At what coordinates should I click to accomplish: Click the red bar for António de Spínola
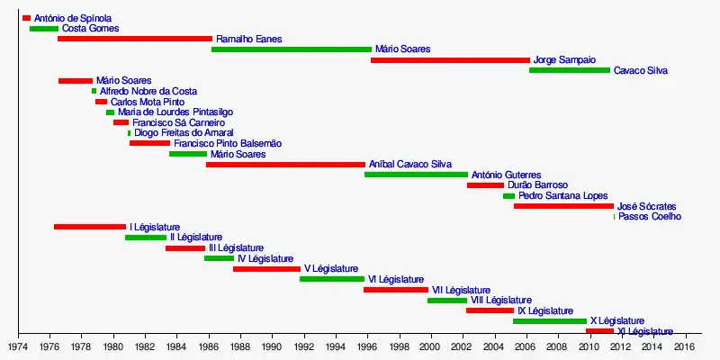(x=26, y=18)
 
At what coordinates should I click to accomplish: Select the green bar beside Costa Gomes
(x=43, y=29)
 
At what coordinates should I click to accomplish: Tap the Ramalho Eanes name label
(x=244, y=40)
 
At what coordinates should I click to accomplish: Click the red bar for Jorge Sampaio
(x=450, y=60)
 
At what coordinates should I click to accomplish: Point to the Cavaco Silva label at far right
(x=640, y=71)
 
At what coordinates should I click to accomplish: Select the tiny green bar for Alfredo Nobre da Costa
(x=94, y=91)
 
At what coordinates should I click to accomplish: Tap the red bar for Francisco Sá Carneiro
(x=121, y=122)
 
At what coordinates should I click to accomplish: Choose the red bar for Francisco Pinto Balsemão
(x=149, y=143)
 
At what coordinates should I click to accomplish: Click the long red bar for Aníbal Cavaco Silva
(x=285, y=165)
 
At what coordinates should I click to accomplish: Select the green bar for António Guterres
(x=416, y=175)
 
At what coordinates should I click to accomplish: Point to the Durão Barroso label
(x=537, y=185)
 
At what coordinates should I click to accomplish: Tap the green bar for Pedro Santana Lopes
(x=508, y=195)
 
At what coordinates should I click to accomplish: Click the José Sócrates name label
(x=647, y=206)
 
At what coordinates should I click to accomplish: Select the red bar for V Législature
(x=266, y=268)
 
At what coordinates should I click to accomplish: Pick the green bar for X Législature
(x=549, y=320)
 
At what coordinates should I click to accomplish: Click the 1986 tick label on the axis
(x=208, y=346)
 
